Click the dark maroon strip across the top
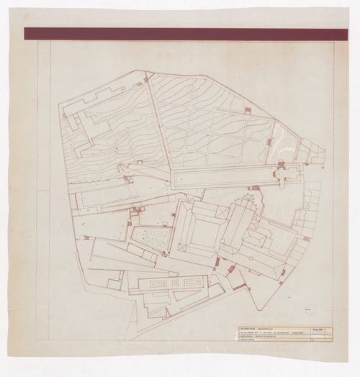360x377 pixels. [x=180, y=34]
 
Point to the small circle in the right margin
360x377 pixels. [x=310, y=309]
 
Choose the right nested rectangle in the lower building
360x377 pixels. [x=186, y=283]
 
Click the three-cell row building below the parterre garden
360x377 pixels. [x=148, y=256]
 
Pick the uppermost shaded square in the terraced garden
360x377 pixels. [x=247, y=110]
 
